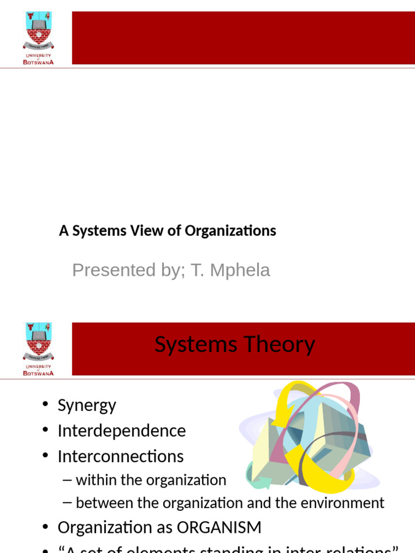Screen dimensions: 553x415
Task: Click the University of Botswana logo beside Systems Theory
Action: (x=38, y=348)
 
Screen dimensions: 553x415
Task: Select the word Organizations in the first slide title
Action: (x=230, y=231)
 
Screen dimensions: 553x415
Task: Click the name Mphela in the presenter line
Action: (x=245, y=269)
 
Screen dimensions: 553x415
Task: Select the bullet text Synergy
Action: (x=86, y=406)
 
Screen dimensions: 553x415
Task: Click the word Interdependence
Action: (x=122, y=431)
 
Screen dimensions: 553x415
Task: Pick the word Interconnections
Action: (x=121, y=456)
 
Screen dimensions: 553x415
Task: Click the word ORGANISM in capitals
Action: (x=222, y=528)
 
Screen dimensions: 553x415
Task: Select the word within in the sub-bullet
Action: (x=92, y=480)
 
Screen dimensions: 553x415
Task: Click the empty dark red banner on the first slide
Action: (x=243, y=38)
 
